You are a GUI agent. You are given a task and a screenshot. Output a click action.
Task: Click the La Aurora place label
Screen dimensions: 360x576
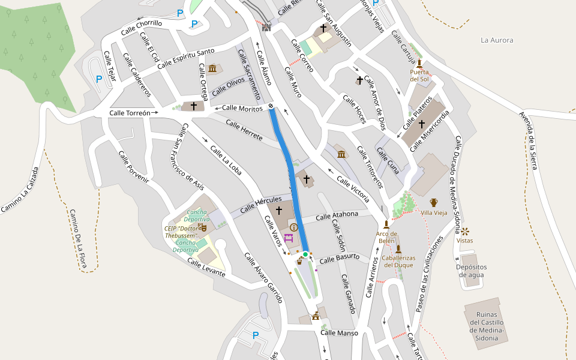[x=497, y=40]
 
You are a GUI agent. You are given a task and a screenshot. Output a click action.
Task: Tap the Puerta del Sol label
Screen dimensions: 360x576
[x=419, y=75]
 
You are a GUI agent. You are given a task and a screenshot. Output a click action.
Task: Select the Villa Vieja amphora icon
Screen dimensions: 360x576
[x=434, y=203]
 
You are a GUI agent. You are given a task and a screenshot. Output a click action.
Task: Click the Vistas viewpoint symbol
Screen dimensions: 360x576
[x=465, y=231]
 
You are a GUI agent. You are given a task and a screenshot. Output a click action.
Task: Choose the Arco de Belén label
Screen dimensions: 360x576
[x=386, y=237]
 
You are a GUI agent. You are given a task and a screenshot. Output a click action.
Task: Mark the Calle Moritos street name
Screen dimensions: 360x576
[x=242, y=108]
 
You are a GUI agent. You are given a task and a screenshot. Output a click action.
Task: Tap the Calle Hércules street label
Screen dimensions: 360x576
[x=260, y=205]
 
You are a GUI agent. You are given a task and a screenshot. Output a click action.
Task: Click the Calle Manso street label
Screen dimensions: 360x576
[x=339, y=333]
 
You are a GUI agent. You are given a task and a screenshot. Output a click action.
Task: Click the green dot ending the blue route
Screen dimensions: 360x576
[x=305, y=254]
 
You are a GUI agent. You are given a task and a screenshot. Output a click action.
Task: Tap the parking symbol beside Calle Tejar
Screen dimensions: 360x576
[x=99, y=79]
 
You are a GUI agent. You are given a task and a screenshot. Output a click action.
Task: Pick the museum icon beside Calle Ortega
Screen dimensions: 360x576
[x=212, y=70]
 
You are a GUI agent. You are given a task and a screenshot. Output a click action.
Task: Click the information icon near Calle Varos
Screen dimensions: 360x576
[x=294, y=227]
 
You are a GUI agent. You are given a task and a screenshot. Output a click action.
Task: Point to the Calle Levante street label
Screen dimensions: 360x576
[x=206, y=268]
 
